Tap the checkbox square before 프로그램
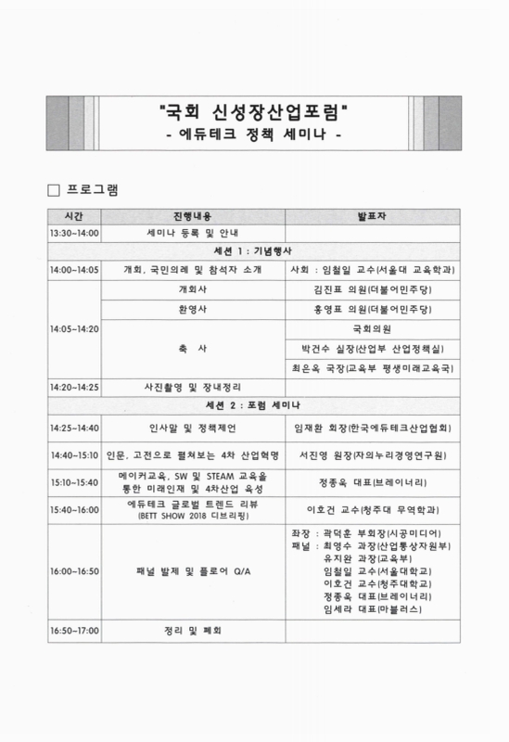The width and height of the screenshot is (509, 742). (52, 190)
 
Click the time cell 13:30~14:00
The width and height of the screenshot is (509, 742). (75, 233)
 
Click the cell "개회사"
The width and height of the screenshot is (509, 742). (193, 288)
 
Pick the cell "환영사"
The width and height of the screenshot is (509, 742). (193, 308)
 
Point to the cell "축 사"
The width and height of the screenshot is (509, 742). (193, 348)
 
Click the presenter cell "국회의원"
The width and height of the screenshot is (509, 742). (373, 328)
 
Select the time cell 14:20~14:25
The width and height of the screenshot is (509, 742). (75, 386)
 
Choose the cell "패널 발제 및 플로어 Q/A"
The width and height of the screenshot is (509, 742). (193, 570)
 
